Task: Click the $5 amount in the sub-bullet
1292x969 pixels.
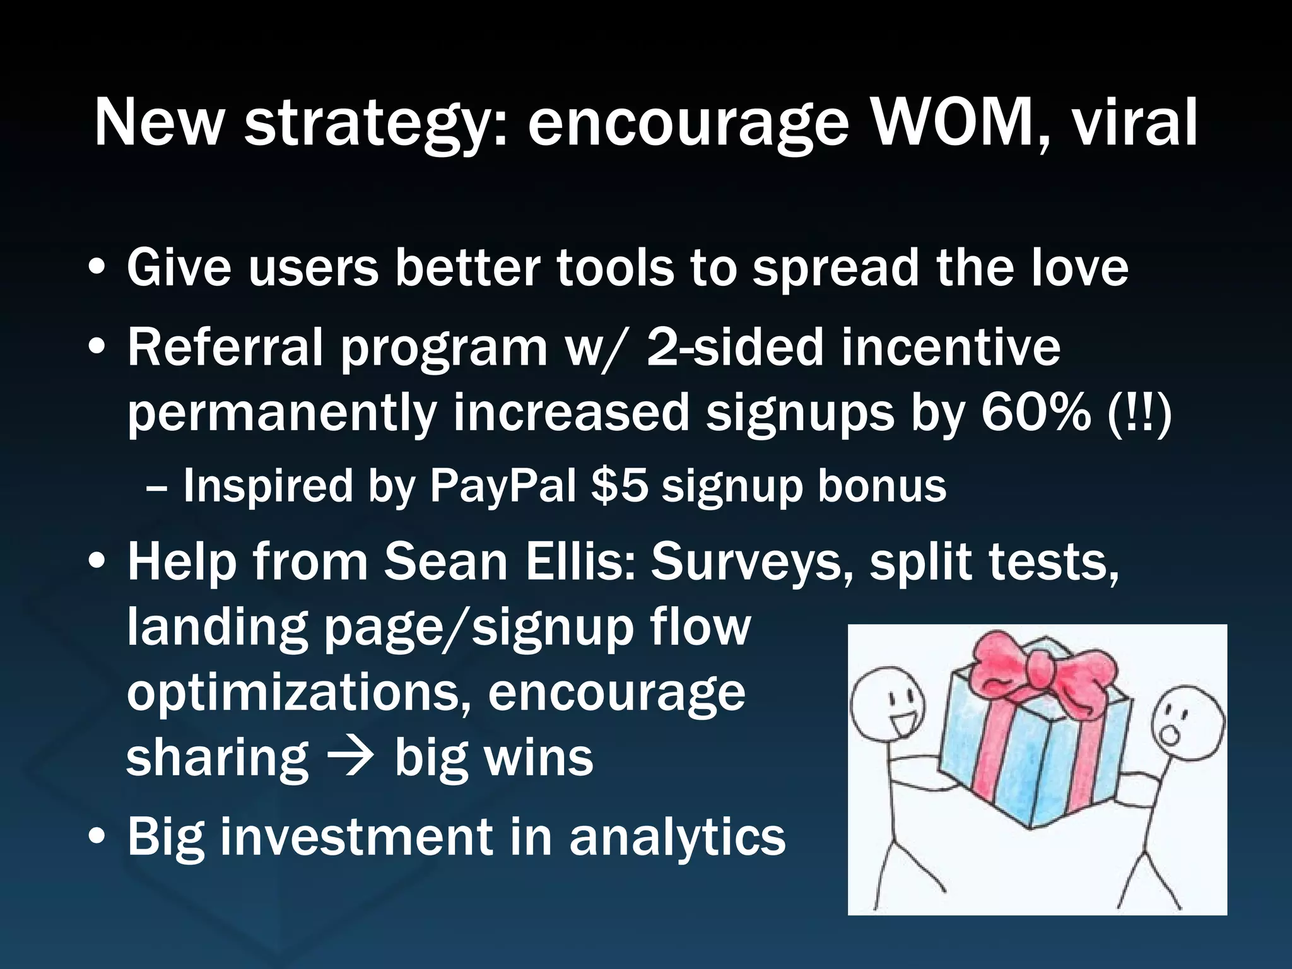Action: (620, 486)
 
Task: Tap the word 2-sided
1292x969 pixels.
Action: (735, 347)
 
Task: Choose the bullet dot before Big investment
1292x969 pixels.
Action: (97, 839)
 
